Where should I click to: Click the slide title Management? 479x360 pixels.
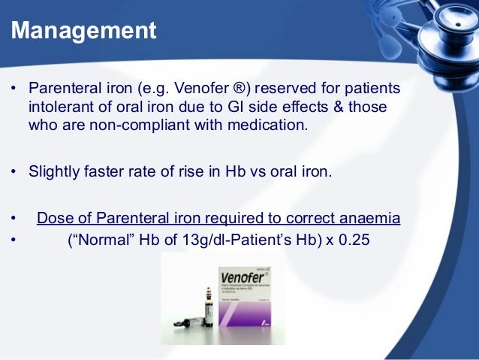(x=84, y=31)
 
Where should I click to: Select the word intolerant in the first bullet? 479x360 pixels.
(x=59, y=107)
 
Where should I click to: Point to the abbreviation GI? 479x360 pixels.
(x=227, y=107)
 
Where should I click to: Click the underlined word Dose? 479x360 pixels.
(x=54, y=218)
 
